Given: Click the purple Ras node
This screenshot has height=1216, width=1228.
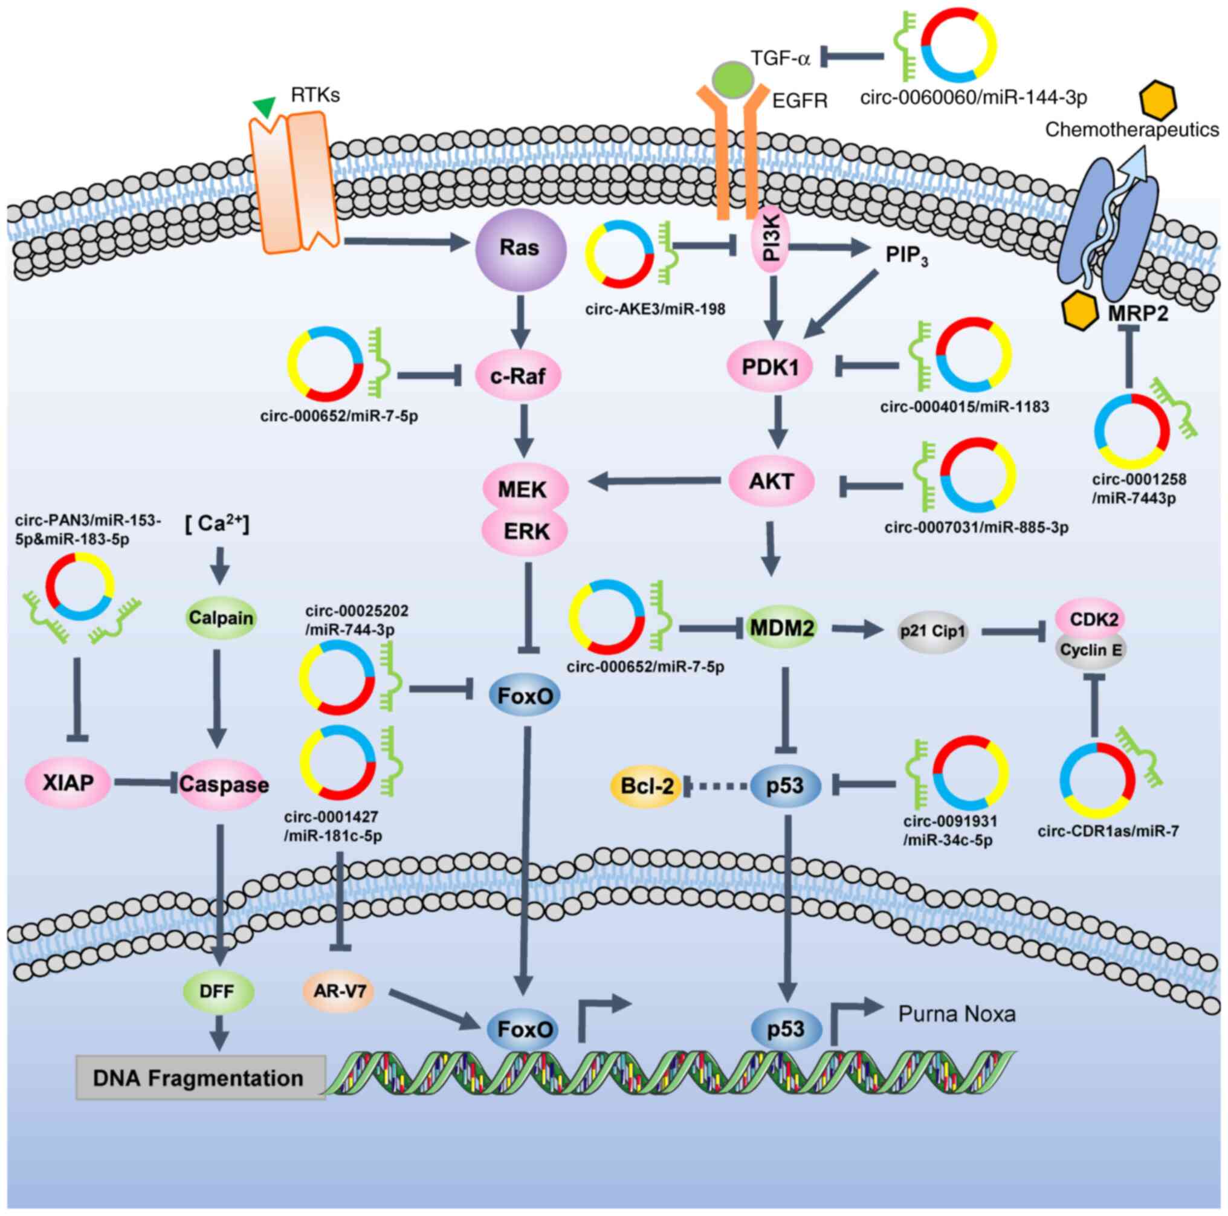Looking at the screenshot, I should [520, 248].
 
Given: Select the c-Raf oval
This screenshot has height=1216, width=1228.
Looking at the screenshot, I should [518, 376].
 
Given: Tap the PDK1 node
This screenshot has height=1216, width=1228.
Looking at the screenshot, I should [770, 367].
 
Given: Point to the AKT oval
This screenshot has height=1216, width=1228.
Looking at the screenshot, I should [771, 481].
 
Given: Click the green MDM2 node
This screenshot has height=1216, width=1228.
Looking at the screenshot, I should [781, 628].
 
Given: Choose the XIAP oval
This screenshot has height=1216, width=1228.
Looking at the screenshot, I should [68, 783].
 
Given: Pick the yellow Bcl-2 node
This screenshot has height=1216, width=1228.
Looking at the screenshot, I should [647, 786].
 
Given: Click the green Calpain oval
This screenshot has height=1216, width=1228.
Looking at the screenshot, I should [221, 617].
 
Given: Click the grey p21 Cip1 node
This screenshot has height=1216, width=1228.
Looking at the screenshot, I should [932, 631].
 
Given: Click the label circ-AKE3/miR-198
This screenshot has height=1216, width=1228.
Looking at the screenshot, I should [654, 309].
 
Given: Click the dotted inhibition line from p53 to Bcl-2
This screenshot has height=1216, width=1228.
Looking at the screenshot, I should [716, 786].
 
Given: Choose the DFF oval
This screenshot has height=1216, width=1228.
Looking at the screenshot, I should [218, 991].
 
